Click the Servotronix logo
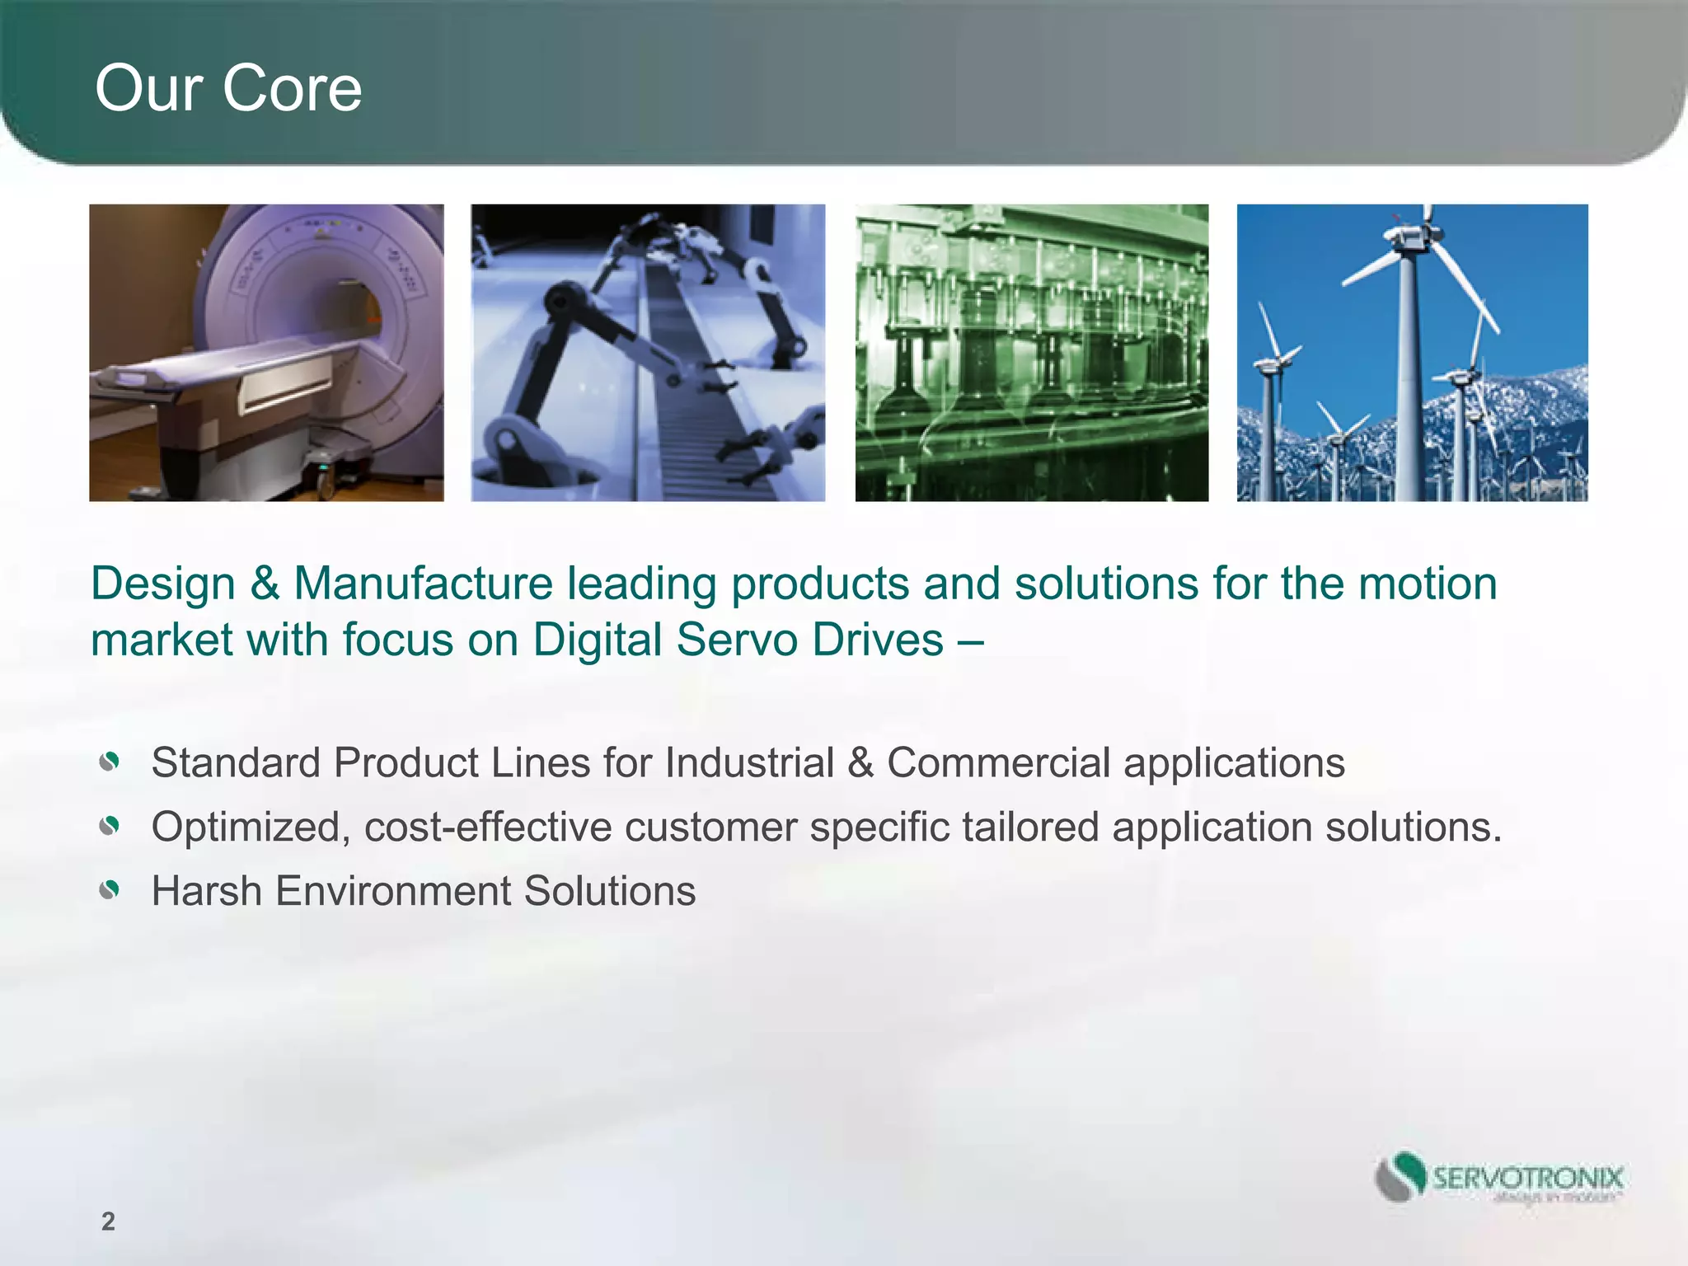(1498, 1179)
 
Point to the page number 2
(108, 1221)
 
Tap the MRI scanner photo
(266, 353)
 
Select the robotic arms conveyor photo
(648, 353)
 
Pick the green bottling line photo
(1032, 353)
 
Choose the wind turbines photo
(1412, 353)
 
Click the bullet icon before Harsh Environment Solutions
(110, 890)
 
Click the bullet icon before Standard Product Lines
(110, 762)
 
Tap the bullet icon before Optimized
(110, 826)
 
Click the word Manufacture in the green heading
(423, 584)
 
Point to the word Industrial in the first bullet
(749, 762)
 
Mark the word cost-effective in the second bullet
(488, 827)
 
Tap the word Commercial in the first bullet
(998, 762)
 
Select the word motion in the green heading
(1427, 584)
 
